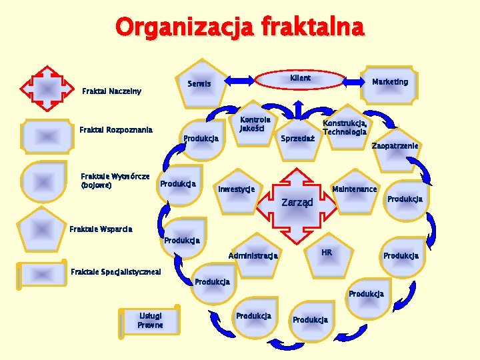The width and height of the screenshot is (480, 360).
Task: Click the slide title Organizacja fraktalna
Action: tap(240, 27)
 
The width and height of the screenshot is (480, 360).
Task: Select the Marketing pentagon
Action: tap(390, 84)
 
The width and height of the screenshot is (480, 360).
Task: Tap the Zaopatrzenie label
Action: tap(395, 145)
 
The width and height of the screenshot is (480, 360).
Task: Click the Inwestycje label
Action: tap(237, 189)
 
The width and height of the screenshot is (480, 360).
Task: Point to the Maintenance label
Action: tap(355, 189)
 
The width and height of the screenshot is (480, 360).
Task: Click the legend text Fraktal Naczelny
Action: tap(111, 91)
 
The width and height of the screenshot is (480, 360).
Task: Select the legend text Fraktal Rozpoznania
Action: tap(116, 129)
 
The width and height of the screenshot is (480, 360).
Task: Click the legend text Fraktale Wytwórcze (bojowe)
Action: tap(115, 180)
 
